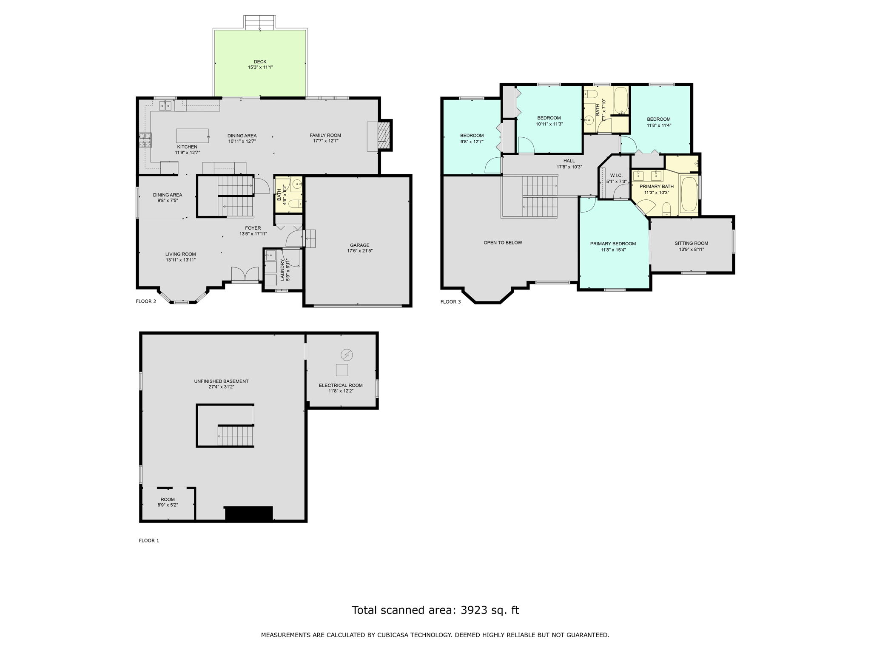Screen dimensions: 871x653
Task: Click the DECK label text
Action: pos(260,62)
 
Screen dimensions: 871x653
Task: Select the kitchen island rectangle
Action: pos(193,136)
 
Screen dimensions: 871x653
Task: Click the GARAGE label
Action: pos(360,245)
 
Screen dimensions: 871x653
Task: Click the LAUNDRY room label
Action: pos(282,270)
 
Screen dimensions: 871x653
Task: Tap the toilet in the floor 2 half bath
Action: pos(295,204)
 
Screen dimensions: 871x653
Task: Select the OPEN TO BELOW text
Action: pos(503,243)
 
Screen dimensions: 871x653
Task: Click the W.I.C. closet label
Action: pos(616,176)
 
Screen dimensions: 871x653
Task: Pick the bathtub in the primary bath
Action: pos(689,195)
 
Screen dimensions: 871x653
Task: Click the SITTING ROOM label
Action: pos(692,244)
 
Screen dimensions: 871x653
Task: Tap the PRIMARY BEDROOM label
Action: pos(613,244)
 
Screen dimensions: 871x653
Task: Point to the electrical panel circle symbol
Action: pos(347,355)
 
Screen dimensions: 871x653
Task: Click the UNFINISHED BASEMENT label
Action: pos(221,381)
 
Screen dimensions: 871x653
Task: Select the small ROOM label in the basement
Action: pos(168,500)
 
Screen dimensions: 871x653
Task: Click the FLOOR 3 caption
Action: pos(450,302)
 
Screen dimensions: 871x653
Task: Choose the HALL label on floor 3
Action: pos(569,161)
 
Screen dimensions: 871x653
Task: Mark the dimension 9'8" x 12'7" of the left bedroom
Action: pos(472,142)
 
